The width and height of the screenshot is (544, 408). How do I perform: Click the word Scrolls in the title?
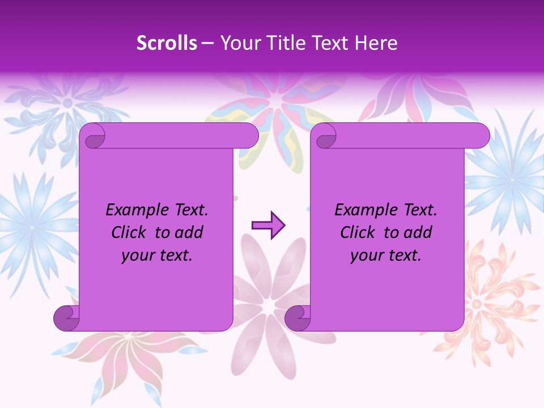(167, 43)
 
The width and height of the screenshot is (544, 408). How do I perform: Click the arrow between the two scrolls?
(268, 226)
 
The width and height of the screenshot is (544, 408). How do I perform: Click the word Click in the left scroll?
(129, 232)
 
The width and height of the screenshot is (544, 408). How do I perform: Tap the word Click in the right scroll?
(358, 232)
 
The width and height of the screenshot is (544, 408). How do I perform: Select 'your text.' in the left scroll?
(157, 256)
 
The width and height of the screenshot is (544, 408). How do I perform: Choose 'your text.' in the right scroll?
(386, 256)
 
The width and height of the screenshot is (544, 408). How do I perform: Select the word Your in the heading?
(239, 43)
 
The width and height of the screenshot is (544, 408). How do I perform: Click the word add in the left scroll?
(190, 232)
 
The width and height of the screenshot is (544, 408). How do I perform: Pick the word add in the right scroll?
(419, 232)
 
